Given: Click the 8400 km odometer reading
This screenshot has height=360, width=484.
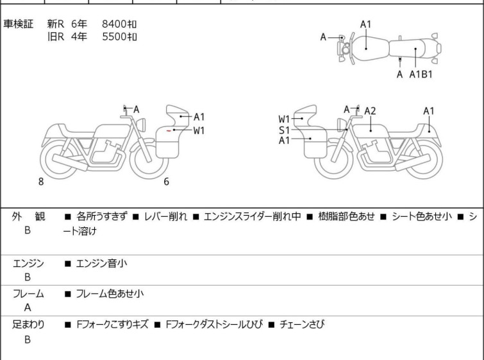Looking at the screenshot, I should [x=119, y=24].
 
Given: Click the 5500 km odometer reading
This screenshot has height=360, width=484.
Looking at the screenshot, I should [x=119, y=37].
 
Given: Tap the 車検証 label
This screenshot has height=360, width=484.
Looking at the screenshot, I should [x=19, y=24].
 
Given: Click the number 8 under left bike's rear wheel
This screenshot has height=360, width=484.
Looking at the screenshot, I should [x=41, y=182].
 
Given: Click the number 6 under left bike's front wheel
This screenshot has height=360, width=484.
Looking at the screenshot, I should [x=166, y=182].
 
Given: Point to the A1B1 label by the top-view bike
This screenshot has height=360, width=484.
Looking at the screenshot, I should [x=421, y=74].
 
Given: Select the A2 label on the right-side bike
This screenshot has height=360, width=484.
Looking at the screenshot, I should [x=370, y=111].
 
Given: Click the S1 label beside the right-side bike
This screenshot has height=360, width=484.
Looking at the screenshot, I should [x=284, y=130].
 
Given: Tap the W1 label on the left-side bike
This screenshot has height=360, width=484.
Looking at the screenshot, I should [x=199, y=130].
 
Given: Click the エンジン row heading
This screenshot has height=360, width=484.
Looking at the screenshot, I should [x=28, y=263].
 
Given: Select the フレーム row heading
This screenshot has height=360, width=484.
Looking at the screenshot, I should [x=28, y=294].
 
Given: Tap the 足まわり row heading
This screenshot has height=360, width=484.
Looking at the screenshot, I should [x=28, y=325].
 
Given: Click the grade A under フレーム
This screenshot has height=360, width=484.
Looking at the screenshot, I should [x=28, y=307].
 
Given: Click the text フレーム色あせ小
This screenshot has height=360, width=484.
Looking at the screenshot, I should [x=110, y=294].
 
